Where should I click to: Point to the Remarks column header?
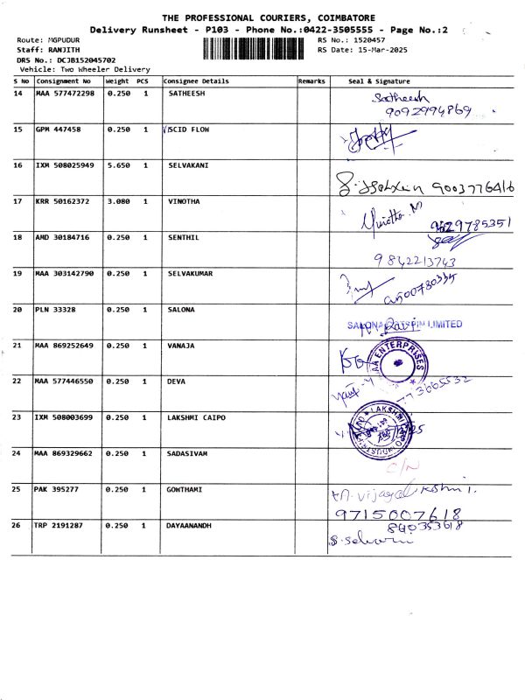[311, 81]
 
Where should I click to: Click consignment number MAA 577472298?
[64, 93]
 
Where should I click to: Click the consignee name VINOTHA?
[184, 201]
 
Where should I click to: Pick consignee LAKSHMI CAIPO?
[196, 417]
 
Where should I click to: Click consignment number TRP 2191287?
[59, 526]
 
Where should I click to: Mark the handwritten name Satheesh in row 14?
[395, 97]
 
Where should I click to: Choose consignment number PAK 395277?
[56, 489]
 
